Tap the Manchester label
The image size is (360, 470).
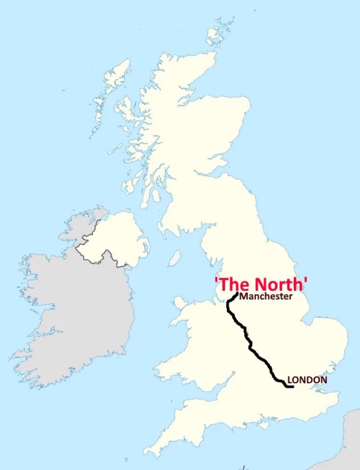(266, 296)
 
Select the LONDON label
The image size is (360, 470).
(307, 379)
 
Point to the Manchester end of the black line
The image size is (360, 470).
(237, 294)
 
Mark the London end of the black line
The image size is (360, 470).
(292, 387)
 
